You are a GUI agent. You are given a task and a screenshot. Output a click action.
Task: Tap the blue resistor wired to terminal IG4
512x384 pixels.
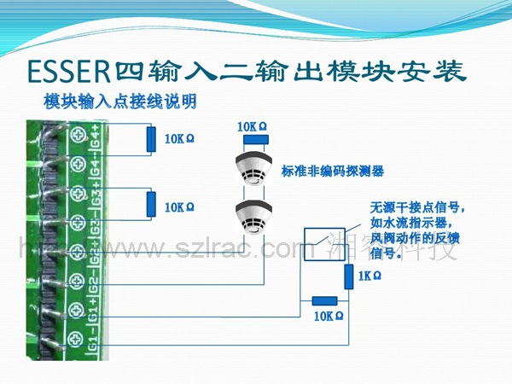coord(151,139)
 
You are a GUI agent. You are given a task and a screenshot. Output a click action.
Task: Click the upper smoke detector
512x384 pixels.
coord(253,169)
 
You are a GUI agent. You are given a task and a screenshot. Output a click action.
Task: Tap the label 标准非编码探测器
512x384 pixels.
coord(333,171)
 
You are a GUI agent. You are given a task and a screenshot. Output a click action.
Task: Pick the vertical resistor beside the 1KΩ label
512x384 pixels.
coord(349,276)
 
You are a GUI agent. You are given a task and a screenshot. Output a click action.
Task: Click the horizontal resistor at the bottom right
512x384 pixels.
coord(324,300)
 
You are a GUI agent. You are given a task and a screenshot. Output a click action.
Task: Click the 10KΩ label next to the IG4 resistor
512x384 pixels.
coord(180,138)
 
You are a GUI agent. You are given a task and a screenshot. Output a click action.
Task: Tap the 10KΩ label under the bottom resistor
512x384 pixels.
coord(329,316)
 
